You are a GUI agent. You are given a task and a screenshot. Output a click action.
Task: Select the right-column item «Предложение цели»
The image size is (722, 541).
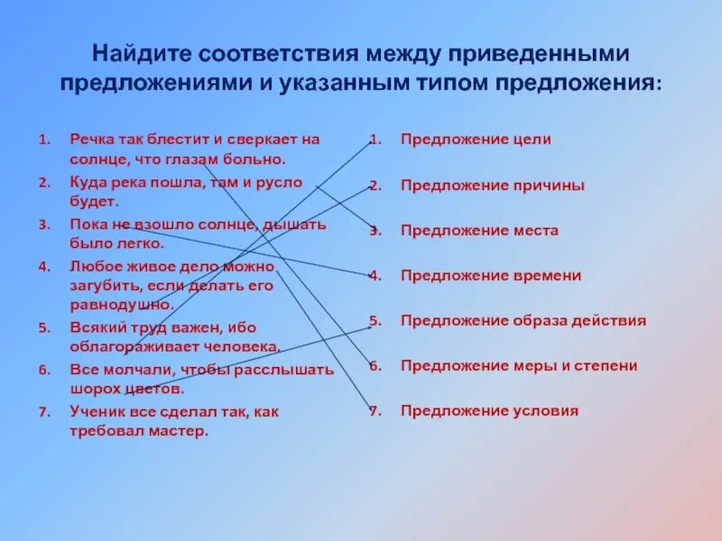tap(476, 140)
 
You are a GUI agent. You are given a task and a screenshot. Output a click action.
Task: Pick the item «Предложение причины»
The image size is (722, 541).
tap(492, 185)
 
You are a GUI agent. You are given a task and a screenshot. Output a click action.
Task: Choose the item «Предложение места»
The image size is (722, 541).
tap(479, 231)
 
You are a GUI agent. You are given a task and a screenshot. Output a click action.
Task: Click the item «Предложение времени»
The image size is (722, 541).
tap(490, 276)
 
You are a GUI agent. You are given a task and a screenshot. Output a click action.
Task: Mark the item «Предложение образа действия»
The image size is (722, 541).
tap(523, 321)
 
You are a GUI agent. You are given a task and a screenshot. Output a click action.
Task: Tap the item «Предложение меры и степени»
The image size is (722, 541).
tap(519, 366)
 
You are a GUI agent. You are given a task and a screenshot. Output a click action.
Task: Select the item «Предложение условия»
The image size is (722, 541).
tap(489, 411)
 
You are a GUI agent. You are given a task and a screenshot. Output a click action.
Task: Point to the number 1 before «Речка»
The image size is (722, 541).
tap(42, 140)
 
